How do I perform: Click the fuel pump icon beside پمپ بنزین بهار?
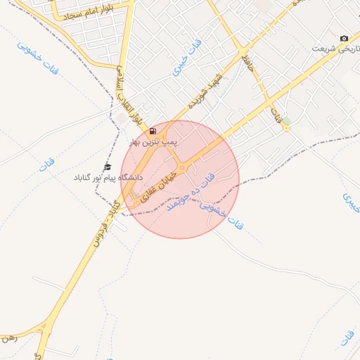(153, 132)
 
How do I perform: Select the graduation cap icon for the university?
(108, 167)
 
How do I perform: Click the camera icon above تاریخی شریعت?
(344, 38)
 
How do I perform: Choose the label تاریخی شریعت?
(334, 49)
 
